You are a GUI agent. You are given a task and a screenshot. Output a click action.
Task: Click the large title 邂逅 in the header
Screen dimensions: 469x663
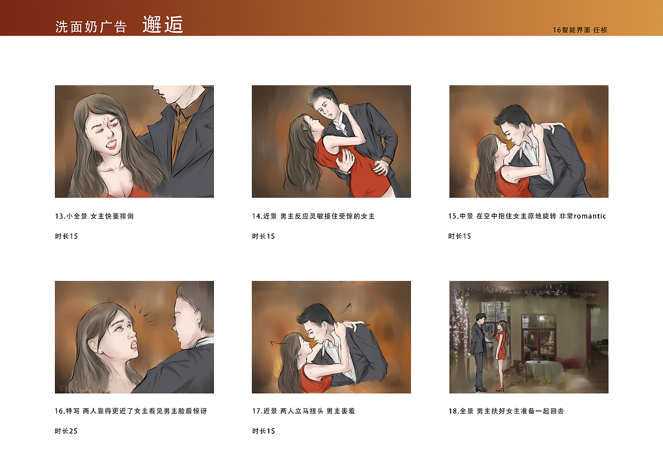click(x=163, y=25)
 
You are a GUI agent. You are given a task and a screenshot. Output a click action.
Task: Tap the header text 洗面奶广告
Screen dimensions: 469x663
click(x=91, y=27)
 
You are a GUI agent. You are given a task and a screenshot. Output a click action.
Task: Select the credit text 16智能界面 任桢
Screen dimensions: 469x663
click(x=580, y=30)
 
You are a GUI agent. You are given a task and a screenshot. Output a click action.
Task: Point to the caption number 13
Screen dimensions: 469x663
click(x=60, y=216)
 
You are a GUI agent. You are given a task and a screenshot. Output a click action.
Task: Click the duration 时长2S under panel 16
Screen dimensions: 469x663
click(x=66, y=431)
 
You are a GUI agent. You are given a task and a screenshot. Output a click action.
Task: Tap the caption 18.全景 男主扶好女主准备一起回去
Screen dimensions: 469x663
click(x=506, y=411)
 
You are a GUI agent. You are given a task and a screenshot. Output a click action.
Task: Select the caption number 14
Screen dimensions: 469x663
click(x=257, y=216)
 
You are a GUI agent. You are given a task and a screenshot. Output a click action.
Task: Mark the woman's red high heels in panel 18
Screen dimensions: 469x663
click(x=499, y=388)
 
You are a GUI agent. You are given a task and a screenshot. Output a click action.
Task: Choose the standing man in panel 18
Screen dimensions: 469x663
click(x=478, y=352)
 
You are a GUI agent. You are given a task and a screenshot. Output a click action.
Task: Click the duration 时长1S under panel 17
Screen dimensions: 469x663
click(x=263, y=431)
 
